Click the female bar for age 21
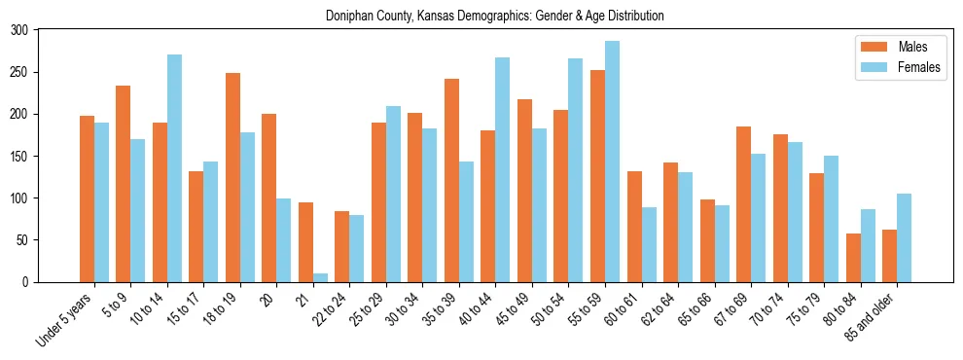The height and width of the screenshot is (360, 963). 320,277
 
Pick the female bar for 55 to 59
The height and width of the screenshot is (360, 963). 612,162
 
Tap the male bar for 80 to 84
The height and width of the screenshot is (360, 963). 853,258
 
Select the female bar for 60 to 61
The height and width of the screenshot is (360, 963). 649,244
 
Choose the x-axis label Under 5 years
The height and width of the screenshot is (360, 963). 65,318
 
